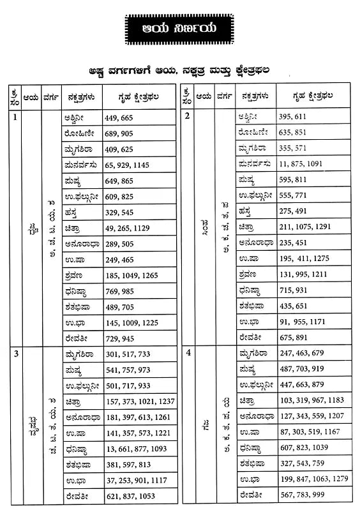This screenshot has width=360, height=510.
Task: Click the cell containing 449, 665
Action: (119, 118)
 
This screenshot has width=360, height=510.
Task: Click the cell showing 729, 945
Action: (119, 338)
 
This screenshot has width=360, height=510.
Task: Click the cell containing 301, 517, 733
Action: (128, 355)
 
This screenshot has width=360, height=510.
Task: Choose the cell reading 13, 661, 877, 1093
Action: (135, 449)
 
